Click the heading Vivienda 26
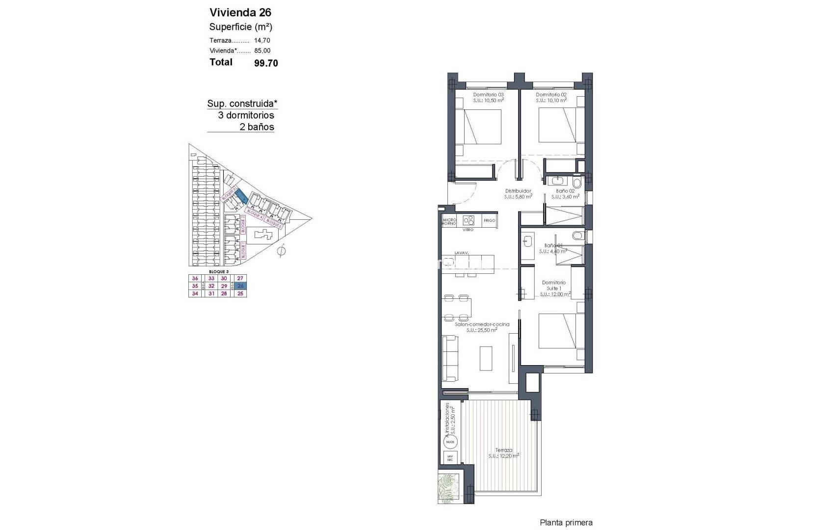[x=240, y=12]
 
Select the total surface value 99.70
[x=266, y=63]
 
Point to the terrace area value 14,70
[x=262, y=41]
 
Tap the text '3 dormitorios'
[x=246, y=115]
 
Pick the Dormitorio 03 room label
[x=488, y=95]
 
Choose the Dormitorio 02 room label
[x=551, y=95]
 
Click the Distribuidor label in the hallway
[x=518, y=191]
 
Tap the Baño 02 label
[x=565, y=191]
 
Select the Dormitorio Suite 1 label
[x=554, y=286]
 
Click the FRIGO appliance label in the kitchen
[x=489, y=221]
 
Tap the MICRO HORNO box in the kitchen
[x=449, y=221]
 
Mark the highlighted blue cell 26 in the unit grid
[x=240, y=286]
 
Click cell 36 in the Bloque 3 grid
[x=195, y=278]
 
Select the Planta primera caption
[x=566, y=523]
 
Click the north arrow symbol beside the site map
[x=281, y=251]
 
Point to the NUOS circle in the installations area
[x=450, y=442]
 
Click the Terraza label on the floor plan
[x=503, y=450]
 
